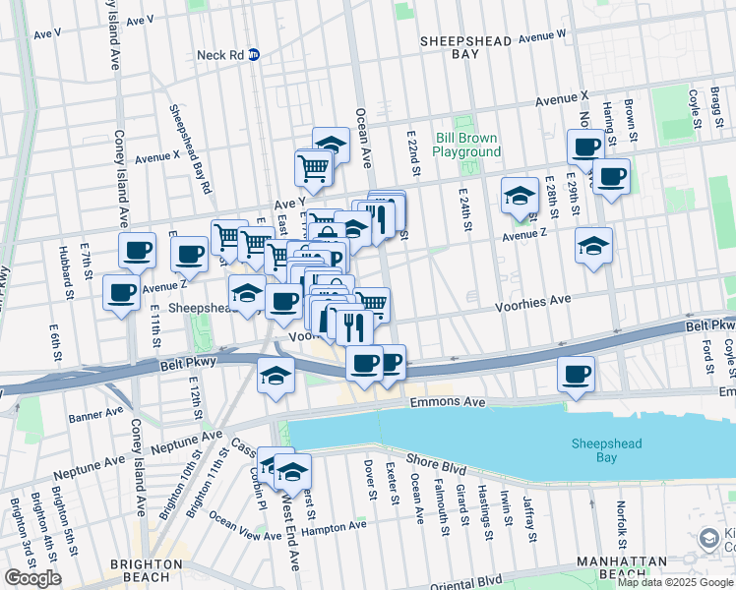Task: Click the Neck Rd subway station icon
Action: pyautogui.click(x=254, y=55)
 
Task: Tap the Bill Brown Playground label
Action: pyautogui.click(x=466, y=146)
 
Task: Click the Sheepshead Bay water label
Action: pyautogui.click(x=608, y=451)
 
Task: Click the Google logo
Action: pyautogui.click(x=32, y=578)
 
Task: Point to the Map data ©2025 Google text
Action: pyautogui.click(x=675, y=582)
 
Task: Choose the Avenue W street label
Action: pyautogui.click(x=543, y=36)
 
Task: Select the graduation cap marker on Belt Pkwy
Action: pyautogui.click(x=276, y=374)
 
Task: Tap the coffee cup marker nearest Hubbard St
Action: pyautogui.click(x=121, y=292)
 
